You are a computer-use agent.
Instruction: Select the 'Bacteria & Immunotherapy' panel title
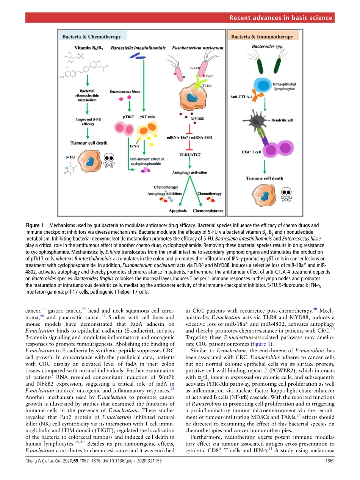tap(262, 37)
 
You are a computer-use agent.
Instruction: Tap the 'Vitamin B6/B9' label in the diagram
tap(88, 48)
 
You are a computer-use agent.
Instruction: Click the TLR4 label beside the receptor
tap(207, 86)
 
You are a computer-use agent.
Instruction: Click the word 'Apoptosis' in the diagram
tap(177, 211)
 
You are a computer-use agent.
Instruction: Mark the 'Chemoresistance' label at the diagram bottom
tap(208, 211)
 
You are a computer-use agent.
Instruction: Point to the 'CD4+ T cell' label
tap(251, 152)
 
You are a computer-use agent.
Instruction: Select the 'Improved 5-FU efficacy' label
tap(88, 121)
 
